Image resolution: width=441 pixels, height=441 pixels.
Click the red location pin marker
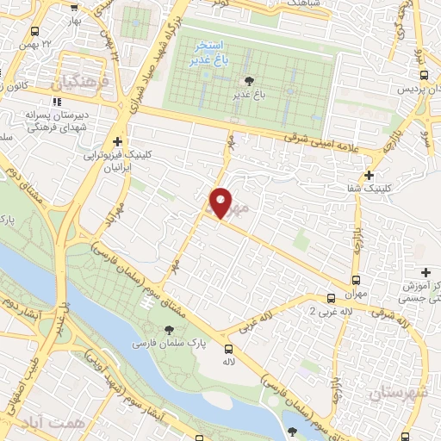pos(220,203)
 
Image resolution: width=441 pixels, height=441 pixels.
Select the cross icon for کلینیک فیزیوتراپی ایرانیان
pos(117,142)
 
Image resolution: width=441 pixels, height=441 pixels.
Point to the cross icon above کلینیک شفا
pos(370,175)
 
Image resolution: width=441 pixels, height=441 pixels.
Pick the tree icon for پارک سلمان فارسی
pos(170,329)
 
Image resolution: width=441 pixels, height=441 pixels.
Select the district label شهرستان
pos(398,393)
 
